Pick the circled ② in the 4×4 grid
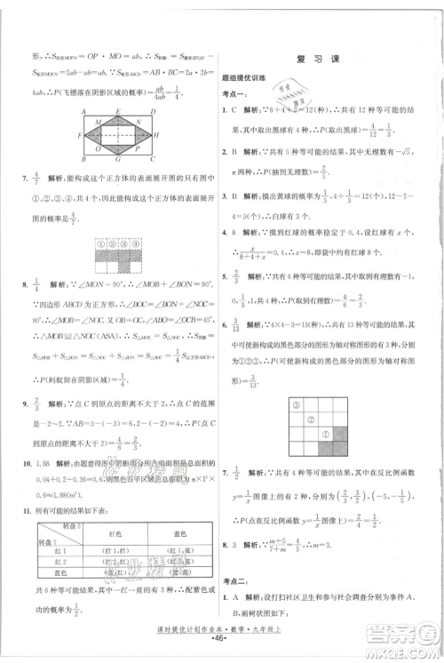(299, 418)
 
